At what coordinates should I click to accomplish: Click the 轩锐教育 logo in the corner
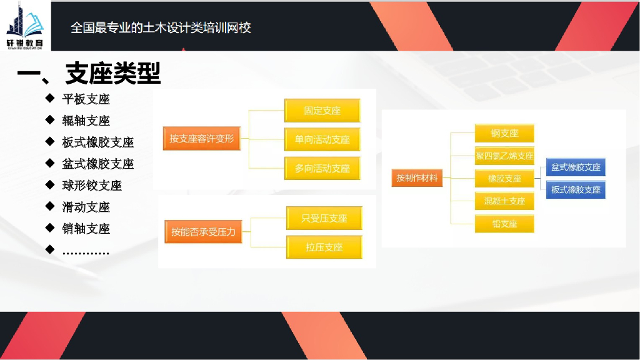point(26,25)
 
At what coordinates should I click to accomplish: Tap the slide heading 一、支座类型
point(89,74)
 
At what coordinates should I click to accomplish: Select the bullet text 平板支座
point(86,99)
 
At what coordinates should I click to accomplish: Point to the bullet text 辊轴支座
point(86,121)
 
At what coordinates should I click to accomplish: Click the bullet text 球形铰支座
point(92,186)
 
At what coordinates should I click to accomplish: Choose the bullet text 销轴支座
point(86,229)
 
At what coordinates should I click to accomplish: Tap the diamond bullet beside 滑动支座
point(49,206)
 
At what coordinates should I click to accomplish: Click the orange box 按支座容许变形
point(202,138)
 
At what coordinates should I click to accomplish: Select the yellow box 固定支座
point(322,111)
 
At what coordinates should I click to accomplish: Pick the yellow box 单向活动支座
point(322,139)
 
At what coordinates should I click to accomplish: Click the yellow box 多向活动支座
point(322,168)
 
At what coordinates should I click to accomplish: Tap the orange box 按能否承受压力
point(204,232)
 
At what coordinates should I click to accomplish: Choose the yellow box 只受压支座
point(324,218)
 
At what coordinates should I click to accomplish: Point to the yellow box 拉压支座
point(324,247)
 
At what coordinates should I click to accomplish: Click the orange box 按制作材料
point(417,178)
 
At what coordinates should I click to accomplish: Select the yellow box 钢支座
point(504,133)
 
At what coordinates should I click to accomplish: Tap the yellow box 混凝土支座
point(504,201)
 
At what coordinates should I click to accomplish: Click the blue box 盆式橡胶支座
point(576,167)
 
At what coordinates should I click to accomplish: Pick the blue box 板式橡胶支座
point(576,189)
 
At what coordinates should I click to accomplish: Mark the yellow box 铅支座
point(504,223)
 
